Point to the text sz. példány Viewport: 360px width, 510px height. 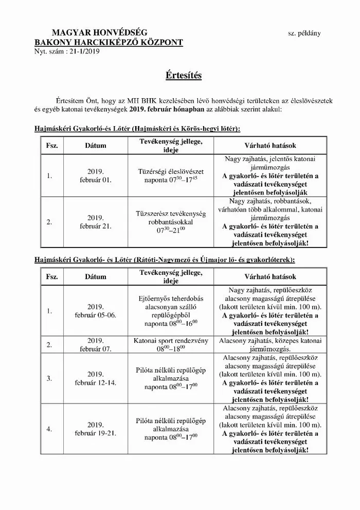click(304, 34)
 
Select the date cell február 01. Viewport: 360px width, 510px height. click(96, 180)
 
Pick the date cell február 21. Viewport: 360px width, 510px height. click(96, 225)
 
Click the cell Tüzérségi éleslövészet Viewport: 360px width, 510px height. click(171, 171)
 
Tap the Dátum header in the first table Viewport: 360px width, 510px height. click(96, 146)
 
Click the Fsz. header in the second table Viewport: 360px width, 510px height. click(51, 276)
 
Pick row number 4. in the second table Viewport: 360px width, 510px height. click(49, 429)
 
